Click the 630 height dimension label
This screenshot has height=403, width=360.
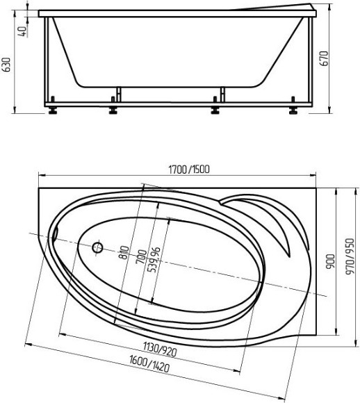7,65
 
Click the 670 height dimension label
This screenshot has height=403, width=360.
325,58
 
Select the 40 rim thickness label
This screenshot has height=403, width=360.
23,31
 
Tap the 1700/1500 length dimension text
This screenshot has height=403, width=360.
189,170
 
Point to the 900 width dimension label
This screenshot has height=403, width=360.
331,262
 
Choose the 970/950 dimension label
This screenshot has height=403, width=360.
350,256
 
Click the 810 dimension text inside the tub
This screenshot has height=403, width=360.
124,252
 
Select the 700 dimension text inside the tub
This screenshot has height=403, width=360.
141,256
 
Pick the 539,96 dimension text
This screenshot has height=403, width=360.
154,260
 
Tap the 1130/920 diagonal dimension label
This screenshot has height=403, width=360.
160,349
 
